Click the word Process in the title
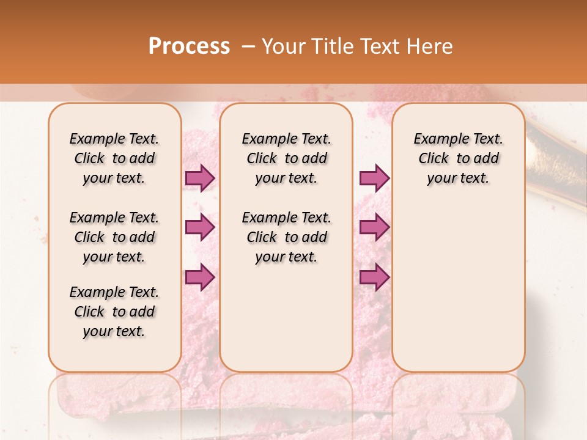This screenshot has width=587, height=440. point(189,46)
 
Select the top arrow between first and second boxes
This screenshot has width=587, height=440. point(199,178)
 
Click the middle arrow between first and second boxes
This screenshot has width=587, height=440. point(199,227)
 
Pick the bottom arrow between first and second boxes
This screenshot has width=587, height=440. point(199,277)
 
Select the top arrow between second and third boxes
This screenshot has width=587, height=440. point(374,178)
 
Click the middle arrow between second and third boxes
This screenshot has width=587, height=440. point(374,227)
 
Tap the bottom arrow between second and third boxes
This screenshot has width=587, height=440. point(374,277)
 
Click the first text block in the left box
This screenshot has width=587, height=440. point(114,158)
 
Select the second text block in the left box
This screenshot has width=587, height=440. point(114,237)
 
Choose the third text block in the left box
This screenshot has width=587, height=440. point(114,312)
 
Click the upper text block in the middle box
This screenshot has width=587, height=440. point(286,158)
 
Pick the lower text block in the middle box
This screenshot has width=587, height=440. point(286,237)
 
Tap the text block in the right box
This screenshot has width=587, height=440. point(458,158)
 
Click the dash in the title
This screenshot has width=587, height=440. point(248,46)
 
